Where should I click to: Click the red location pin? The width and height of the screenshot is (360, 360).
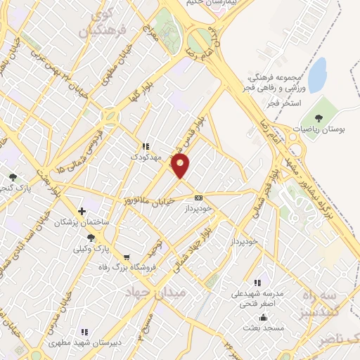point(181,166)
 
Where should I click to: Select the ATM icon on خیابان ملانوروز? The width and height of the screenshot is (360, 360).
point(198,198)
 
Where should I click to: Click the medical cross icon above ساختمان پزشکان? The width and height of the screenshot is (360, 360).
point(83,211)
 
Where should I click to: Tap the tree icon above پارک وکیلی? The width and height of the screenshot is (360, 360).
point(91,238)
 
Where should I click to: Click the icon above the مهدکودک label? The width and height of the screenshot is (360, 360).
point(146,146)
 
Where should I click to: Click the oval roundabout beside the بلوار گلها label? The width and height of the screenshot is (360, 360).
point(110,115)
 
